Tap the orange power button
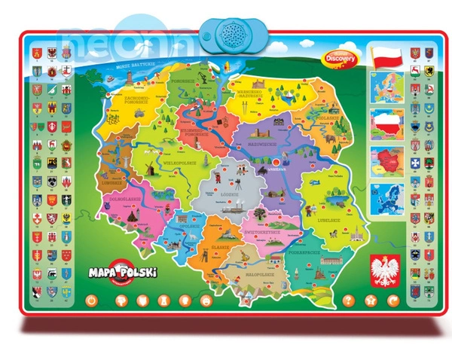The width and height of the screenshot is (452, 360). point(92,301)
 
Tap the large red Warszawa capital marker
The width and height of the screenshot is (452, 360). point(277,161)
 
